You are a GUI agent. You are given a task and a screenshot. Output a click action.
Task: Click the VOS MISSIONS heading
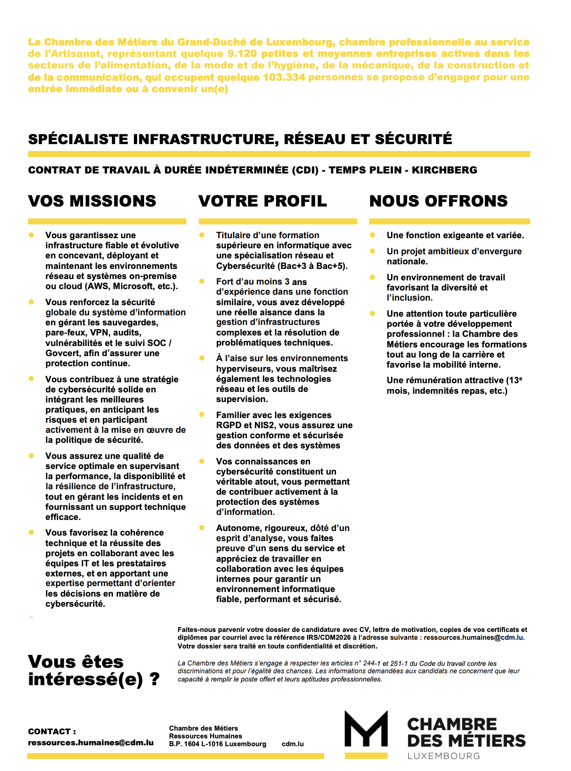pyautogui.click(x=92, y=201)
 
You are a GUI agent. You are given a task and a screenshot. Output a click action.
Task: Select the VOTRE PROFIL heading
pyautogui.click(x=263, y=201)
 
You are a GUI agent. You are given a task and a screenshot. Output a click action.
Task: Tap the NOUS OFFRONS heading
pyautogui.click(x=438, y=201)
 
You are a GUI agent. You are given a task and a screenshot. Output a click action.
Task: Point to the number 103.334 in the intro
pyautogui.click(x=284, y=77)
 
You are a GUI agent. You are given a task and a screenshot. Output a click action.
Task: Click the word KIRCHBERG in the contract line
pyautogui.click(x=444, y=170)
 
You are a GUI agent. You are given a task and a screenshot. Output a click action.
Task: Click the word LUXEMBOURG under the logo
pyautogui.click(x=443, y=756)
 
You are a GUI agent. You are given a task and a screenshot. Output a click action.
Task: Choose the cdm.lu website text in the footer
pyautogui.click(x=292, y=744)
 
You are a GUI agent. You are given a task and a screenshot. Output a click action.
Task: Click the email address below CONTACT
pyautogui.click(x=90, y=743)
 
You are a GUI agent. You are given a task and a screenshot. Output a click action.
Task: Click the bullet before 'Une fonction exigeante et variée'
pyautogui.click(x=372, y=235)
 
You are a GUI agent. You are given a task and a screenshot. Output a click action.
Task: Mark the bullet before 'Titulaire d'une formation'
pyautogui.click(x=202, y=235)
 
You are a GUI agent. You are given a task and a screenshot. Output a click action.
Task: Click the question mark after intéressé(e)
pyautogui.click(x=155, y=679)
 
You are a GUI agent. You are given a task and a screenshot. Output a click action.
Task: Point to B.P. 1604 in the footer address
pyautogui.click(x=184, y=744)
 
